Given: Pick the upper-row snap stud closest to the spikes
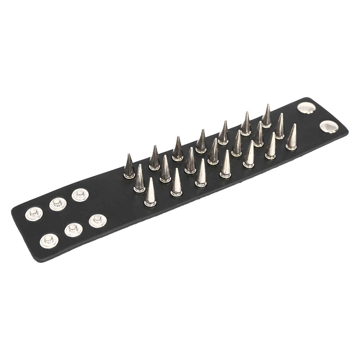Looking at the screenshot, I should point(79,195).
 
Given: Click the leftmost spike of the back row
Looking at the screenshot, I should point(129,168).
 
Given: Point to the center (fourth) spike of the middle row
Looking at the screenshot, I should point(213,153).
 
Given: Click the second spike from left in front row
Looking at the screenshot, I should point(177,184).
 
